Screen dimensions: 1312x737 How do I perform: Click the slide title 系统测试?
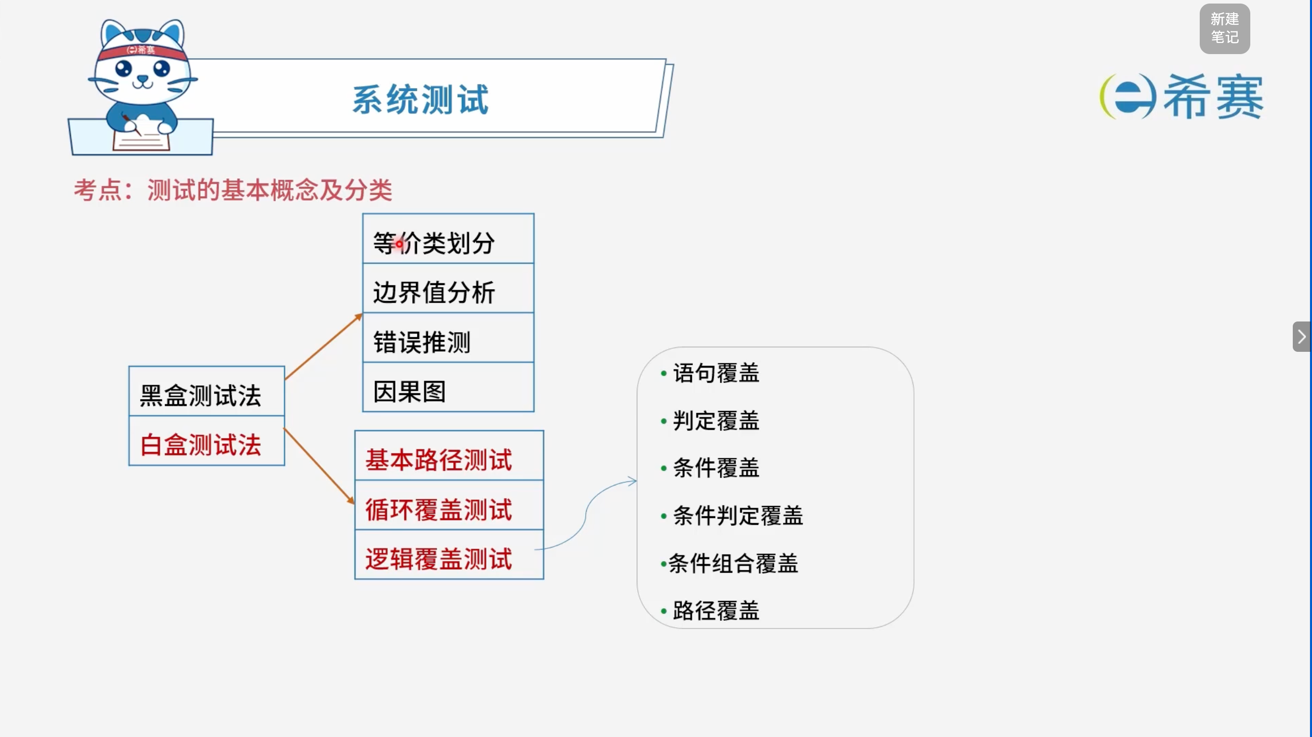[x=421, y=99]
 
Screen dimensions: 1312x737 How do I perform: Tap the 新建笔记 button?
[x=1224, y=28]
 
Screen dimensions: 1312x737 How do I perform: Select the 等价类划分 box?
[x=448, y=239]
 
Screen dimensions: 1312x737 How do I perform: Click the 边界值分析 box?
[x=448, y=288]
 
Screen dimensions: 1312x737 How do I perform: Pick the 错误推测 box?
[x=448, y=338]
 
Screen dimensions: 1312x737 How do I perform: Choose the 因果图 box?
[x=448, y=387]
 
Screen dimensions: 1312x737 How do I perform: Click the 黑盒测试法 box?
[x=207, y=391]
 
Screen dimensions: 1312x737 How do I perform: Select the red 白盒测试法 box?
[x=207, y=441]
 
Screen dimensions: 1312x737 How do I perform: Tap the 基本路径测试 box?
[x=449, y=455]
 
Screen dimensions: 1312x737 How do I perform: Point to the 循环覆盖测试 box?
[x=449, y=505]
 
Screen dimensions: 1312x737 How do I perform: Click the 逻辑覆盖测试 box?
[x=449, y=555]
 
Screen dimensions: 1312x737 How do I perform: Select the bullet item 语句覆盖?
[x=710, y=373]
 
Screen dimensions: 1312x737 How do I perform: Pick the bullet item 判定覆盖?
[x=710, y=421]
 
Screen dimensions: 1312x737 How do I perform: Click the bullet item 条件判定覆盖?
[x=732, y=516]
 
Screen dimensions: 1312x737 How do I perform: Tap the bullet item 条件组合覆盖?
[x=729, y=564]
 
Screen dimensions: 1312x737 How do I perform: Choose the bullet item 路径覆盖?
[x=710, y=611]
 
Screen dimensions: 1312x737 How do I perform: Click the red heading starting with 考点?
[x=233, y=191]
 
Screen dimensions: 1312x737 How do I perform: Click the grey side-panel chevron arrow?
[x=1302, y=337]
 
